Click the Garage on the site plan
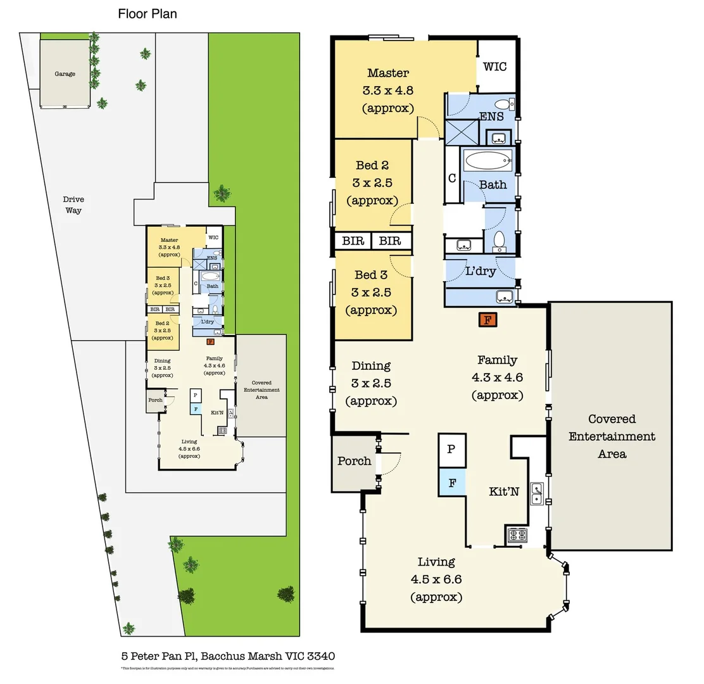(65, 74)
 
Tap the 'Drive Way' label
(73, 205)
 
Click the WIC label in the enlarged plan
(494, 66)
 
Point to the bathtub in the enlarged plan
(487, 161)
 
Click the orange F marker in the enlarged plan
(487, 320)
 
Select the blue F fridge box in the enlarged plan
(452, 483)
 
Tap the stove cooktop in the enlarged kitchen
(517, 536)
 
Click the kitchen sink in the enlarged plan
(536, 493)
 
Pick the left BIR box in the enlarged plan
(353, 241)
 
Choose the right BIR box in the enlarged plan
(391, 241)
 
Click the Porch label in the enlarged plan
(354, 460)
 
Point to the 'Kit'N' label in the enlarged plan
(505, 491)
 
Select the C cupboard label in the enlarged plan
(452, 178)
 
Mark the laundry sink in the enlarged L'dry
(504, 296)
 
